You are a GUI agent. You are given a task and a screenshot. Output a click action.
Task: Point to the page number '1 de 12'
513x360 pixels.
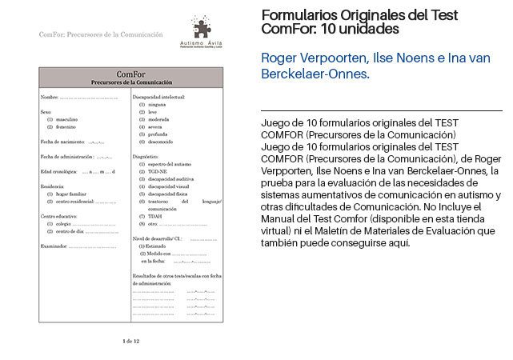pyautogui.click(x=131, y=342)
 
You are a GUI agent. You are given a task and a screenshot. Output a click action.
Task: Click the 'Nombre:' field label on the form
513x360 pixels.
pyautogui.click(x=50, y=98)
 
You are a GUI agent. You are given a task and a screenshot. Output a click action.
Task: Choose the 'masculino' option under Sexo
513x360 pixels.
pyautogui.click(x=67, y=120)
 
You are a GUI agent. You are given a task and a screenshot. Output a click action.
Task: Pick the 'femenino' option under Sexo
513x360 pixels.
pyautogui.click(x=66, y=127)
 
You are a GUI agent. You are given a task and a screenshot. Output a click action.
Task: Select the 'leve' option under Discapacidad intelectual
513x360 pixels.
pyautogui.click(x=152, y=113)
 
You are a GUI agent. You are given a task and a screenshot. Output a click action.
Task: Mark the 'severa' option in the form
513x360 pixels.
pyautogui.click(x=154, y=127)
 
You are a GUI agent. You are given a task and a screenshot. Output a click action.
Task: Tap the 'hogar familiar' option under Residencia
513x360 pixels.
pyautogui.click(x=72, y=194)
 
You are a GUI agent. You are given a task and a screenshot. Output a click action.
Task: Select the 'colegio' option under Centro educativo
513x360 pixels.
pyautogui.click(x=65, y=224)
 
